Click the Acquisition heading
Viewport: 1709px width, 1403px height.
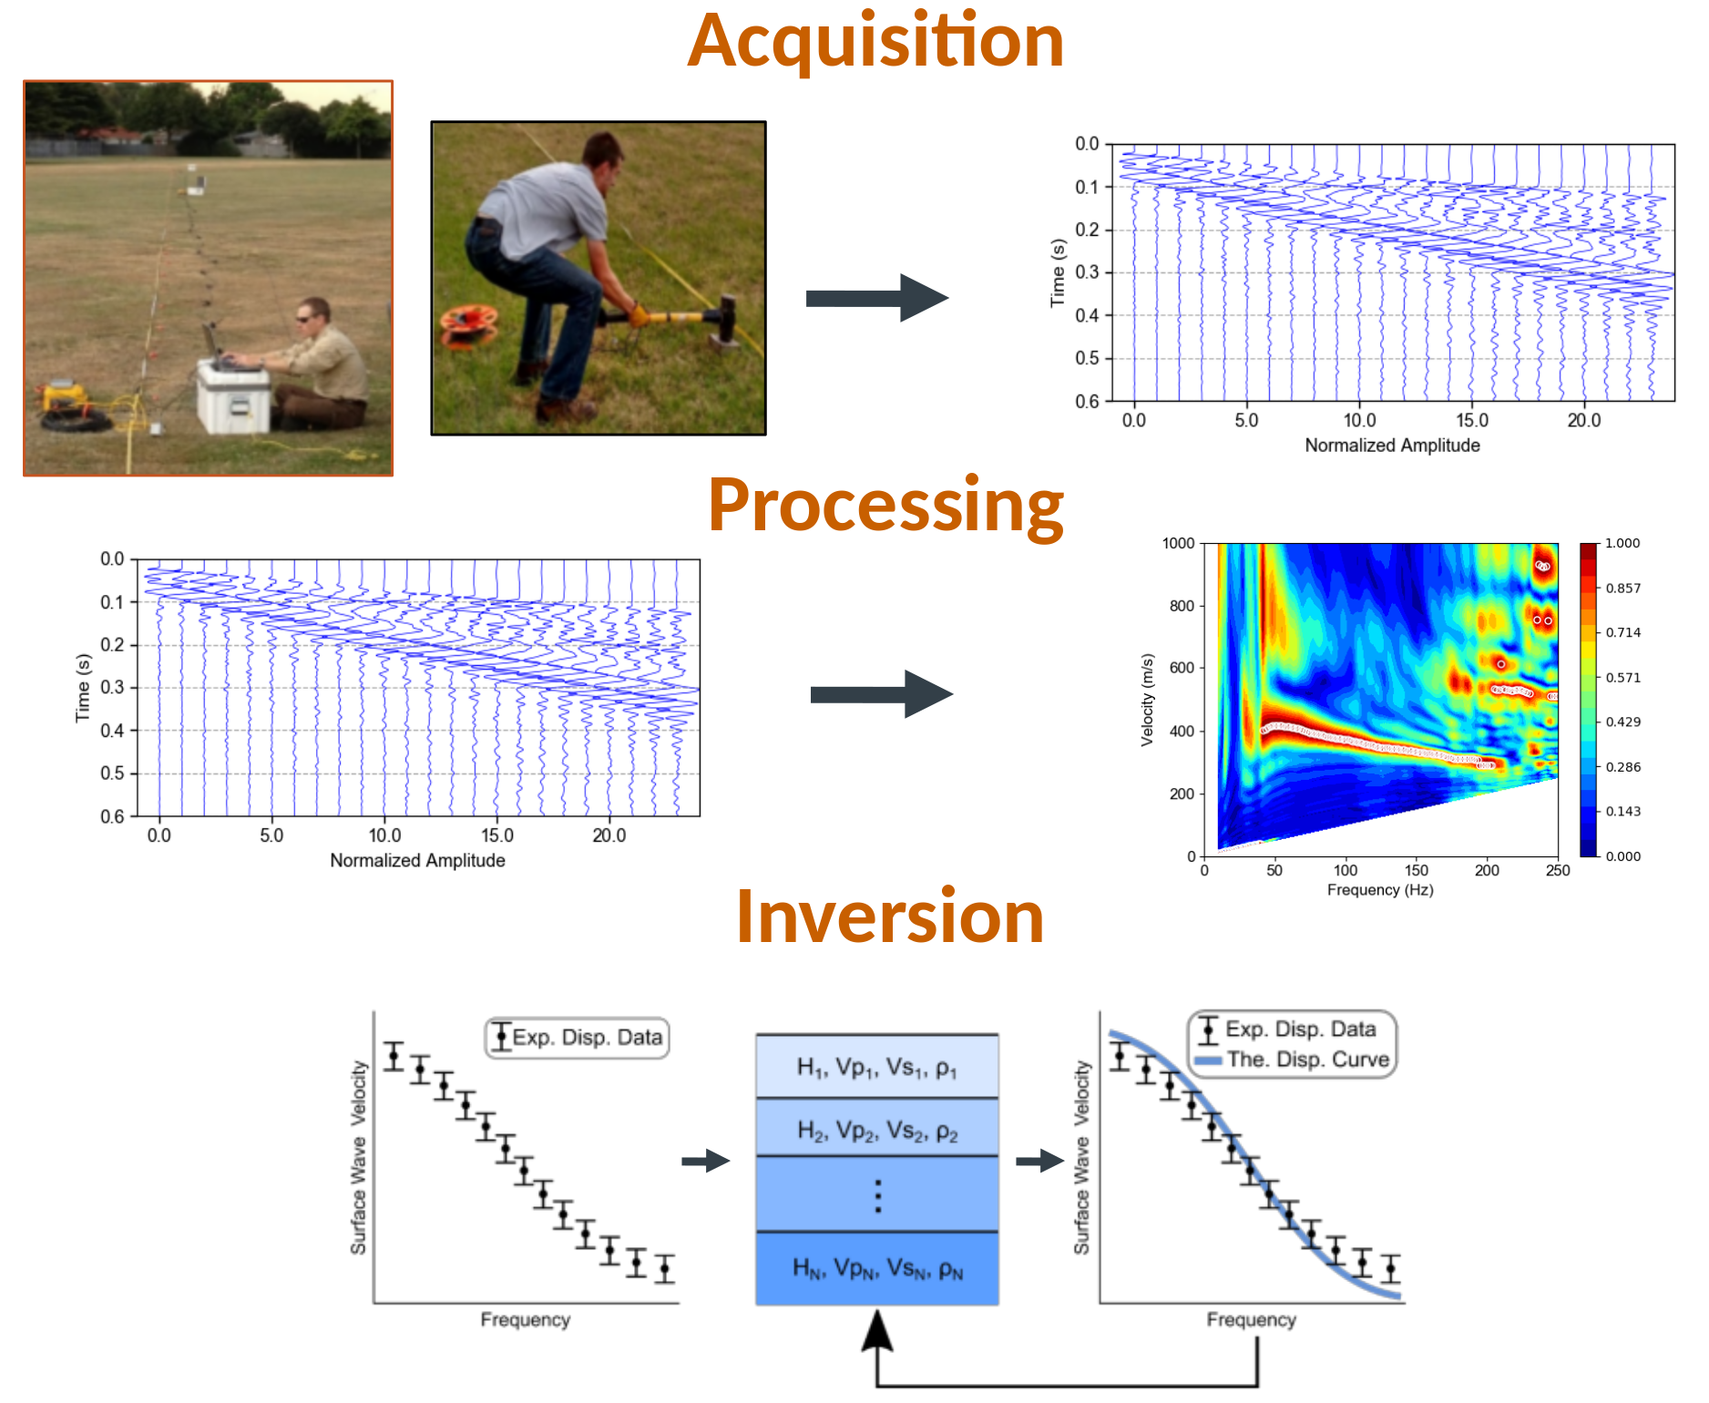875,42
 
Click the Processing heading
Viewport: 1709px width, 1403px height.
885,507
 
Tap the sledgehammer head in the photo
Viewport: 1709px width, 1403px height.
726,319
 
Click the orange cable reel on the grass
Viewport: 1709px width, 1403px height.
469,325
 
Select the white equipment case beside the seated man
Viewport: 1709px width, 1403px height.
234,396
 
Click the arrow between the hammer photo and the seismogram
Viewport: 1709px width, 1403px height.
877,298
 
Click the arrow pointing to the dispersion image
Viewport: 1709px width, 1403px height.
882,694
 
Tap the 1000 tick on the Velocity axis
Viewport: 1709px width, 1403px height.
1178,544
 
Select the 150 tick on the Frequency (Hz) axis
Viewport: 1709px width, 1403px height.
1417,870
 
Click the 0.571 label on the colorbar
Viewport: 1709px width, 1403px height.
1622,677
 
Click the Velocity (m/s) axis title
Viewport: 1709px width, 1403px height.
1147,700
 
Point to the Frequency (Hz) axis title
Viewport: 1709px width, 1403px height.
1380,890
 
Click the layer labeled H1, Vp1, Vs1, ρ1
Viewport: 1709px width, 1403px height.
877,1067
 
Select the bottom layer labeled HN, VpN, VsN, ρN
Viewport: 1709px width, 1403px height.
877,1268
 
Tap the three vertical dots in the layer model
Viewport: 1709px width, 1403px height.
878,1195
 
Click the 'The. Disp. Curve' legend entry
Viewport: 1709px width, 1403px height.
1292,1060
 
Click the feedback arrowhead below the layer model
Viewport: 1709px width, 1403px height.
877,1330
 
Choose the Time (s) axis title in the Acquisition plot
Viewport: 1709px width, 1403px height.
1058,273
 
